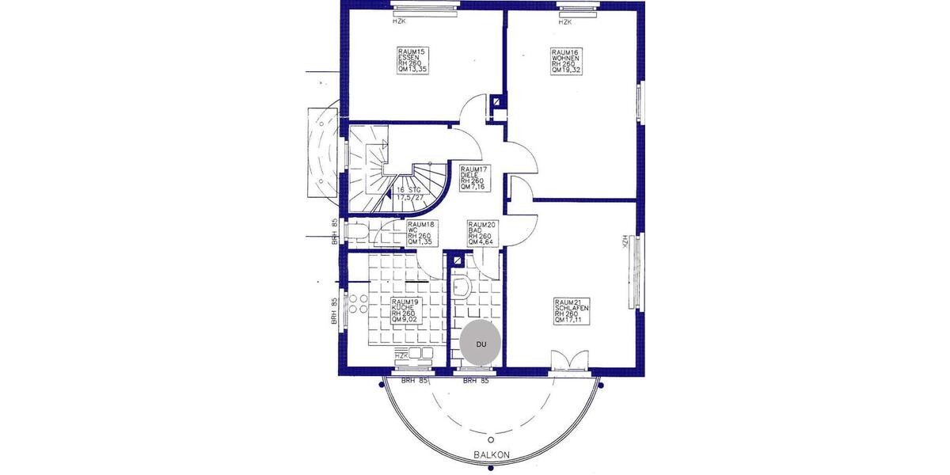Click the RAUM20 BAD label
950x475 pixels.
tap(482, 235)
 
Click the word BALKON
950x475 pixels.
tap(491, 455)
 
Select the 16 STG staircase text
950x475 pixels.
tap(410, 193)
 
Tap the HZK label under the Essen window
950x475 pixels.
tap(399, 22)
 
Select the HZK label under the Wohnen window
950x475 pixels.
tap(564, 22)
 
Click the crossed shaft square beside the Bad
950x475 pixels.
tap(457, 259)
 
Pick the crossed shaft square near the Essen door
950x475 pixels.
tap(496, 101)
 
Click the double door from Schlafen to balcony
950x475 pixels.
tap(570, 360)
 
